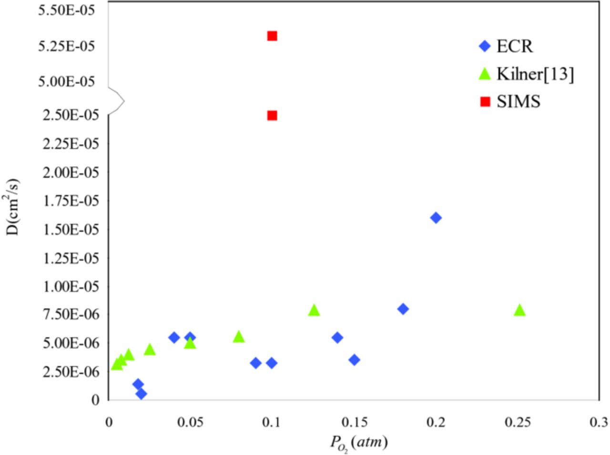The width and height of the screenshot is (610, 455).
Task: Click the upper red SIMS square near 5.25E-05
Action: (272, 36)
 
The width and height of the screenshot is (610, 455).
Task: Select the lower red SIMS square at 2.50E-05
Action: (272, 115)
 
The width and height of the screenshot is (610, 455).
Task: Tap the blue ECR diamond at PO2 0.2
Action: (436, 218)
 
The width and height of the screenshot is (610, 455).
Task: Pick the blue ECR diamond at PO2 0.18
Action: (403, 309)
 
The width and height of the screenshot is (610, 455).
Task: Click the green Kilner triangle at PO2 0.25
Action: (519, 311)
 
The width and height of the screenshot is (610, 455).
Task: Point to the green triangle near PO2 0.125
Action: (314, 311)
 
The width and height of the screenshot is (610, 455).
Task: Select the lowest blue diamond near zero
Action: (141, 394)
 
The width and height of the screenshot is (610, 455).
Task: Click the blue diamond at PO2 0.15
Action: (354, 360)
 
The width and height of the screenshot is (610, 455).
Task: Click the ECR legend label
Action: (515, 46)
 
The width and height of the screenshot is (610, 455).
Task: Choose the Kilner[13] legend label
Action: (535, 74)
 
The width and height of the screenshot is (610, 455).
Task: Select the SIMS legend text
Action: (518, 101)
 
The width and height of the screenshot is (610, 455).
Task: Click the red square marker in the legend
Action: (485, 101)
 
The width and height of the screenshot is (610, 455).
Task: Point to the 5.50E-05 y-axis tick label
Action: (72, 10)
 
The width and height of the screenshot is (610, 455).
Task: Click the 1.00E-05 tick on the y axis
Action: (72, 286)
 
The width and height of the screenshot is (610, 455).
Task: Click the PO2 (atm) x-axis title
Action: (359, 444)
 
